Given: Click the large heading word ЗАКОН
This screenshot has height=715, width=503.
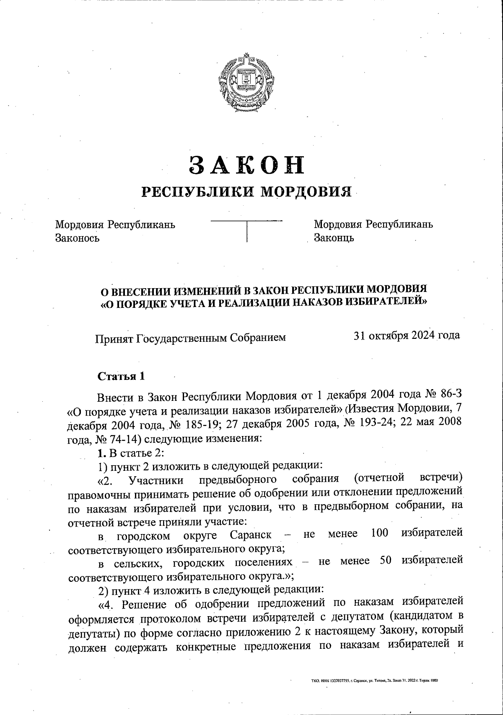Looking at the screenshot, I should tap(247, 165).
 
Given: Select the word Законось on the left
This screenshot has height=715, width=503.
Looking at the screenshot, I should tap(78, 238).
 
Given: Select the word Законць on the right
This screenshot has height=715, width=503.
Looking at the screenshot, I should tap(334, 238).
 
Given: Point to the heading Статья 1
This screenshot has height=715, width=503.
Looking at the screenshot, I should tap(121, 376).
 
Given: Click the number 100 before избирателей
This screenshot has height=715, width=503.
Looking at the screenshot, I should tap(380, 533).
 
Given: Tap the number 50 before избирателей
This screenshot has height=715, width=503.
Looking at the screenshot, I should tap(385, 560).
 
